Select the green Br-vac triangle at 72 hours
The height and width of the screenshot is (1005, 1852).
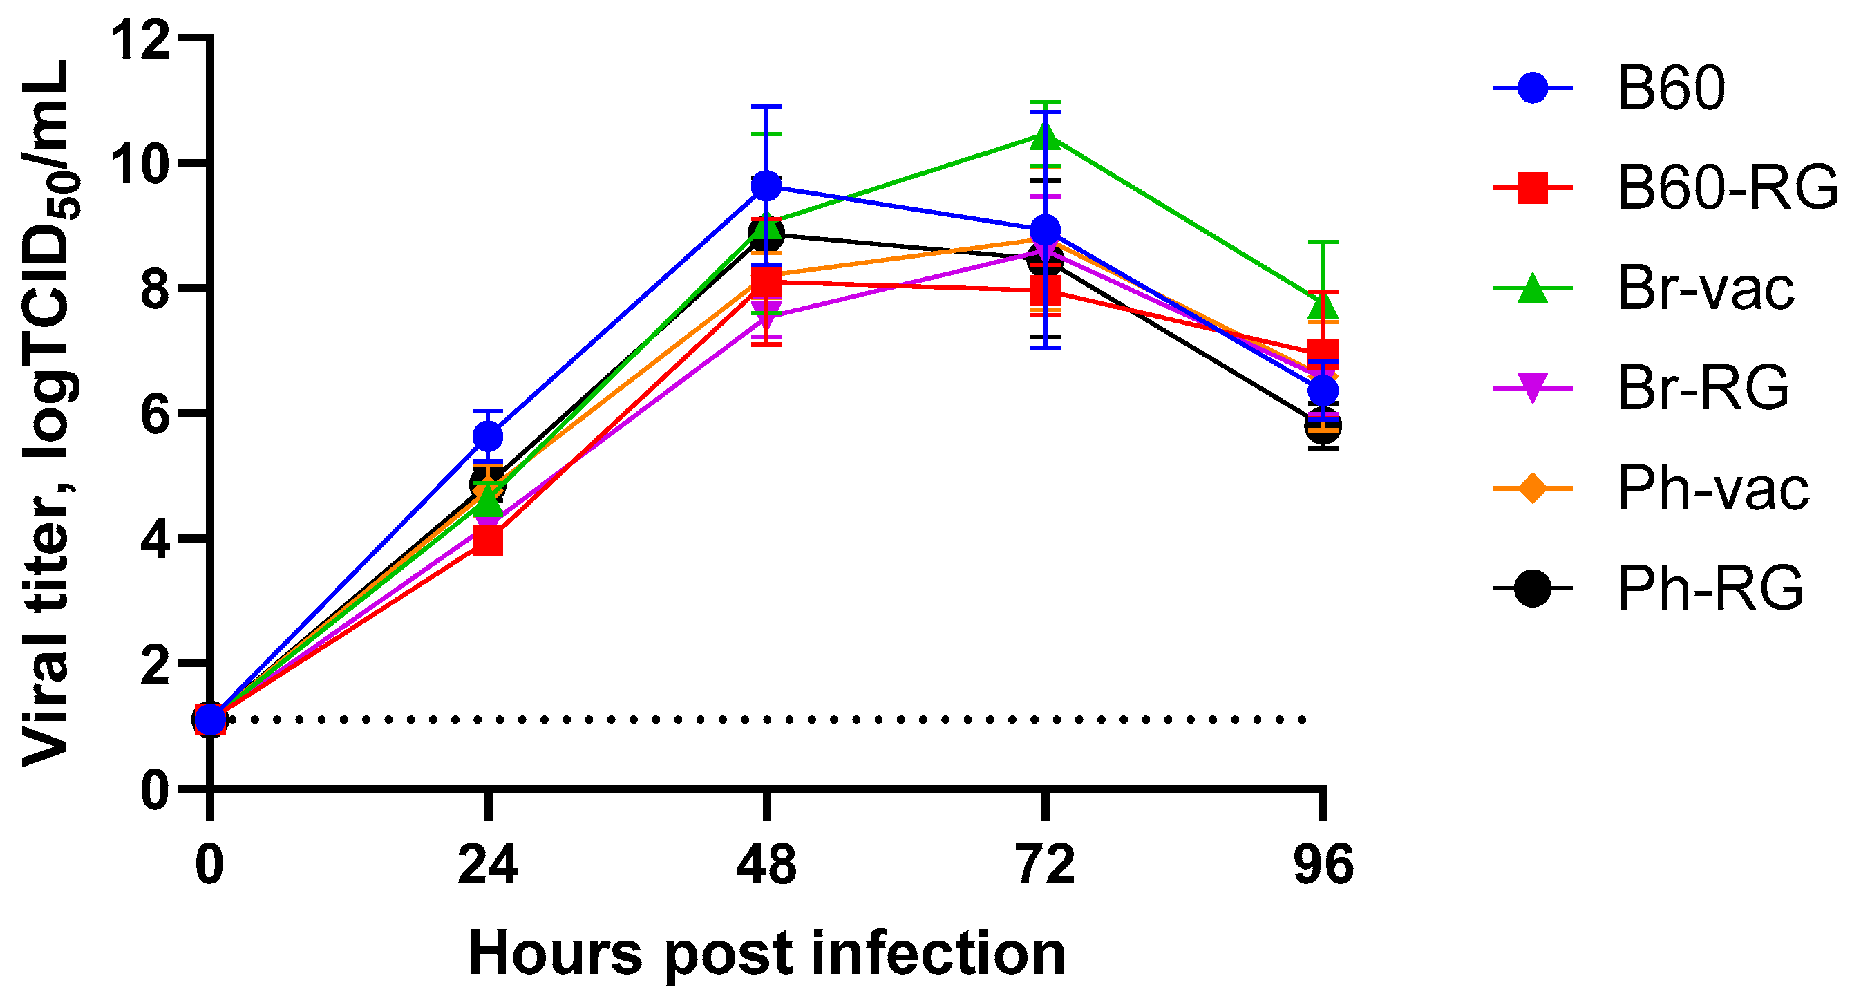pos(1046,136)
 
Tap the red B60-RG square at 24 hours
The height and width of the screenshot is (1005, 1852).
pos(488,542)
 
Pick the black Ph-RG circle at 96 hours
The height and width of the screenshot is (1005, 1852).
pos(1323,426)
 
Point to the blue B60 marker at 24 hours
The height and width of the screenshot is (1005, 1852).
pos(488,436)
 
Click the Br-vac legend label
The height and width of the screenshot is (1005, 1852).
pos(1706,288)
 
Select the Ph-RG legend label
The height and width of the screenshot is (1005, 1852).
pos(1710,589)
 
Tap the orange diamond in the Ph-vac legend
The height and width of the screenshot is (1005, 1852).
pos(1532,489)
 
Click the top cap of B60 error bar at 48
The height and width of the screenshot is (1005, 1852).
pos(766,106)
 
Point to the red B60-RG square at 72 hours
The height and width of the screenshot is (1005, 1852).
pos(1046,291)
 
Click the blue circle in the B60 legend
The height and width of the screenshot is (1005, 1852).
pos(1532,88)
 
